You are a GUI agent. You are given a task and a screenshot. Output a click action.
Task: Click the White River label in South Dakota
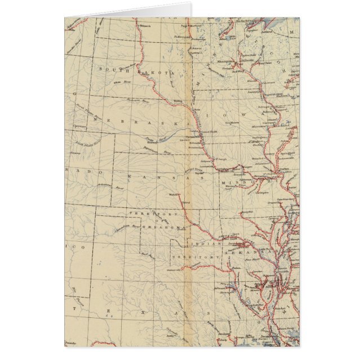point(119,83)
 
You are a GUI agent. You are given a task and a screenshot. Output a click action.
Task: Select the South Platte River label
point(88,145)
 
